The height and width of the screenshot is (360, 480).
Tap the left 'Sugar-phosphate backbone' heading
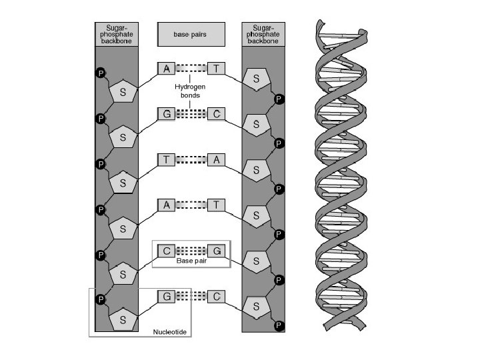coord(117,34)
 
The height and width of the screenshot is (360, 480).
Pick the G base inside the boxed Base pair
coord(217,251)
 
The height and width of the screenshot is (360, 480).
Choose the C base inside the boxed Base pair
coord(167,251)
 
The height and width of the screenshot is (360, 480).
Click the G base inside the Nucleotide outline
coord(167,297)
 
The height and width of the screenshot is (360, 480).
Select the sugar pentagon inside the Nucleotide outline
coord(123,319)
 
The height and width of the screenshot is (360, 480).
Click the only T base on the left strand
coord(167,159)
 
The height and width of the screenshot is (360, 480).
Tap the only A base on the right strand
coord(217,159)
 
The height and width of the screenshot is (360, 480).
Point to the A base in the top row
coord(167,68)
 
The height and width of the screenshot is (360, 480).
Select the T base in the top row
coord(217,68)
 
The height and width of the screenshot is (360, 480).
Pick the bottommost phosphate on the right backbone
coord(279,326)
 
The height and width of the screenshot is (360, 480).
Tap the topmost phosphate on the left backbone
coord(101,73)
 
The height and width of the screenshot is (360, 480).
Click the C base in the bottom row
coord(217,297)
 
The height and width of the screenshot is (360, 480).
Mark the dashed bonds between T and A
coord(191,159)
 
